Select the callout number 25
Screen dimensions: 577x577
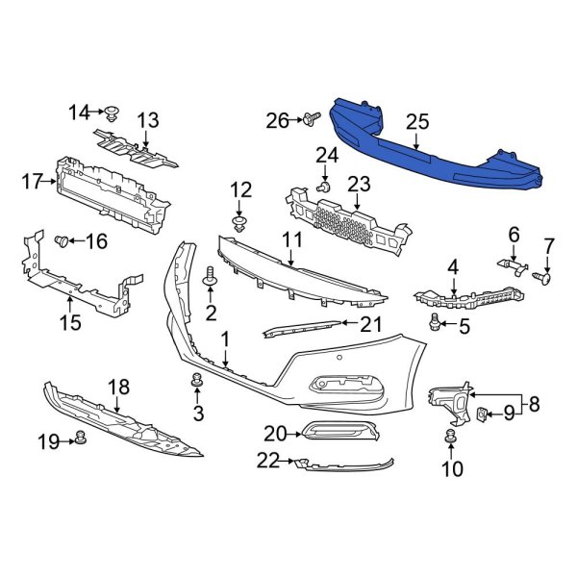(416, 122)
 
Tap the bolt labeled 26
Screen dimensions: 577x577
(310, 120)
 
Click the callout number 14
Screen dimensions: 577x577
(79, 112)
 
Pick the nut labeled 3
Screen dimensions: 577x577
(197, 383)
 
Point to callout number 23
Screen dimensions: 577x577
(359, 183)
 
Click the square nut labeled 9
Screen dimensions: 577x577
(482, 414)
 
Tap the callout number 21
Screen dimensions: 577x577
(369, 325)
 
